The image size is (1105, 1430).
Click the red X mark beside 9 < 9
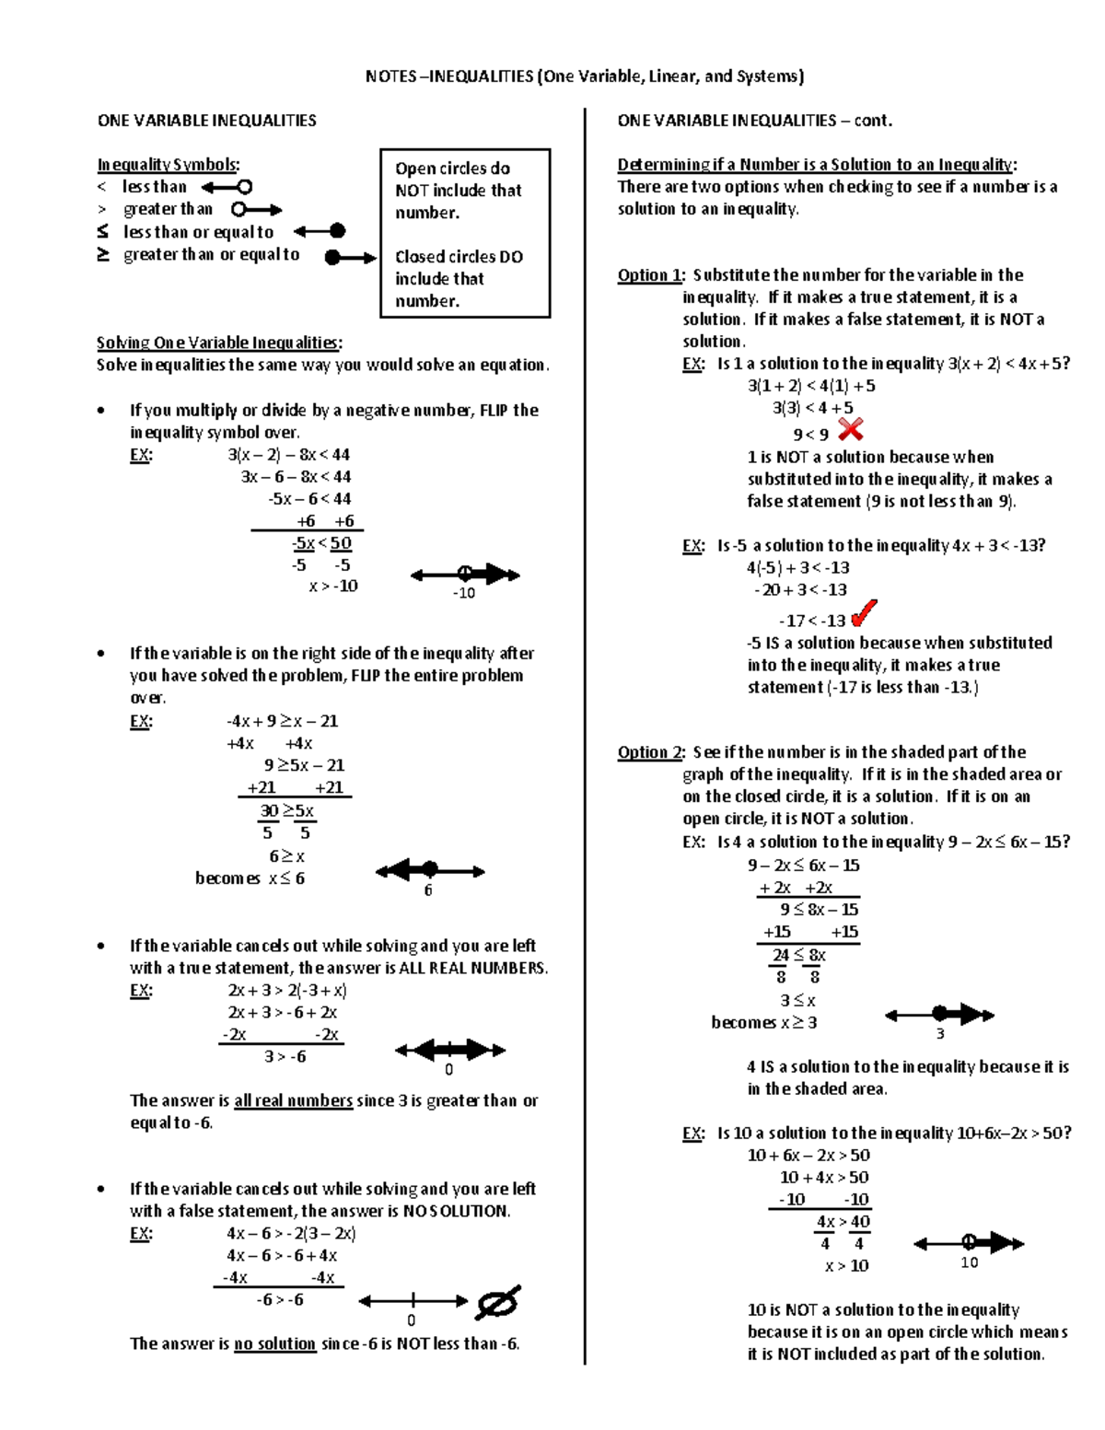[851, 429]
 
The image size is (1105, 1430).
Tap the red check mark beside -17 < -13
[864, 613]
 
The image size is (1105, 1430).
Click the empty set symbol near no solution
[498, 1302]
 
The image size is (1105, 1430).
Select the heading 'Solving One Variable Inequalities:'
[219, 343]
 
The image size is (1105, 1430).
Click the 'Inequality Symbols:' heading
[169, 165]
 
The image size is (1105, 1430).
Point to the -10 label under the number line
[464, 593]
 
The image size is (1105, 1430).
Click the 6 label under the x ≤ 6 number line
[428, 890]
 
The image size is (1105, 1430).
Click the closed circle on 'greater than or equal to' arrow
[333, 258]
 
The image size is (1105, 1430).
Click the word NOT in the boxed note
[413, 191]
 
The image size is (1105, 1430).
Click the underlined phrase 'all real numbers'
[293, 1100]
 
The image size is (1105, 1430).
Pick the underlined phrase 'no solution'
[274, 1343]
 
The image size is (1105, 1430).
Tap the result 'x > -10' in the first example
[333, 587]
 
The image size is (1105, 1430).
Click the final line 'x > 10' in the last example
[846, 1266]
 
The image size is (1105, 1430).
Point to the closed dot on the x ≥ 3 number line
[939, 1014]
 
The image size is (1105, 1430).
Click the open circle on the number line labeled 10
[969, 1242]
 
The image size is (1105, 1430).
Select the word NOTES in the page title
[390, 76]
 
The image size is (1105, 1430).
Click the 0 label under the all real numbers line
[449, 1070]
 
